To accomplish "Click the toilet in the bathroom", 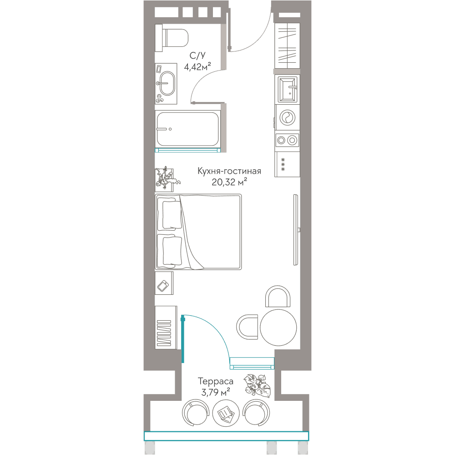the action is pyautogui.click(x=172, y=38).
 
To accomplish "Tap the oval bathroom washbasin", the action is pyautogui.click(x=167, y=84).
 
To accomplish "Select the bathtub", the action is pyautogui.click(x=187, y=129).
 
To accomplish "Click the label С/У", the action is pyautogui.click(x=197, y=55).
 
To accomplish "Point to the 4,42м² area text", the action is pyautogui.click(x=197, y=66).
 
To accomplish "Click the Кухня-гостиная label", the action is pyautogui.click(x=229, y=171).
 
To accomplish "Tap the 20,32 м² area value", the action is pyautogui.click(x=229, y=182).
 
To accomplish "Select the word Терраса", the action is pyautogui.click(x=215, y=381).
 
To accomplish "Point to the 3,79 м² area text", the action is pyautogui.click(x=215, y=392).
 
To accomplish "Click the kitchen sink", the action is pyautogui.click(x=287, y=89).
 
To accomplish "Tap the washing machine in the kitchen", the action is pyautogui.click(x=287, y=117).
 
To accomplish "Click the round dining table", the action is pyautogui.click(x=278, y=327).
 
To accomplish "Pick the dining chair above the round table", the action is pyautogui.click(x=278, y=297).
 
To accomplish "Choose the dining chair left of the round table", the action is pyautogui.click(x=247, y=327).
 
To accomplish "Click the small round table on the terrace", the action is pyautogui.click(x=226, y=413).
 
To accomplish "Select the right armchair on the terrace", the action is pyautogui.click(x=256, y=413).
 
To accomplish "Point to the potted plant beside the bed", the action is pyautogui.click(x=167, y=178).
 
